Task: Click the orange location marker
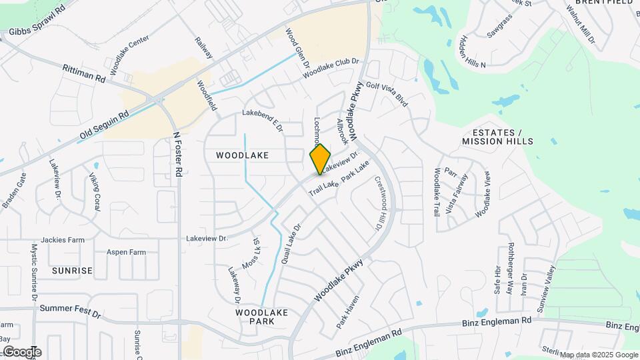320,159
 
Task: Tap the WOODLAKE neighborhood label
243,155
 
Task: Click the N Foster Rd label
177,153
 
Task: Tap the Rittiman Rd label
84,73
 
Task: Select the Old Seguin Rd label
103,125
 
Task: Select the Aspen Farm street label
126,253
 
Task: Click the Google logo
22,352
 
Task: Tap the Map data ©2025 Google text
598,355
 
